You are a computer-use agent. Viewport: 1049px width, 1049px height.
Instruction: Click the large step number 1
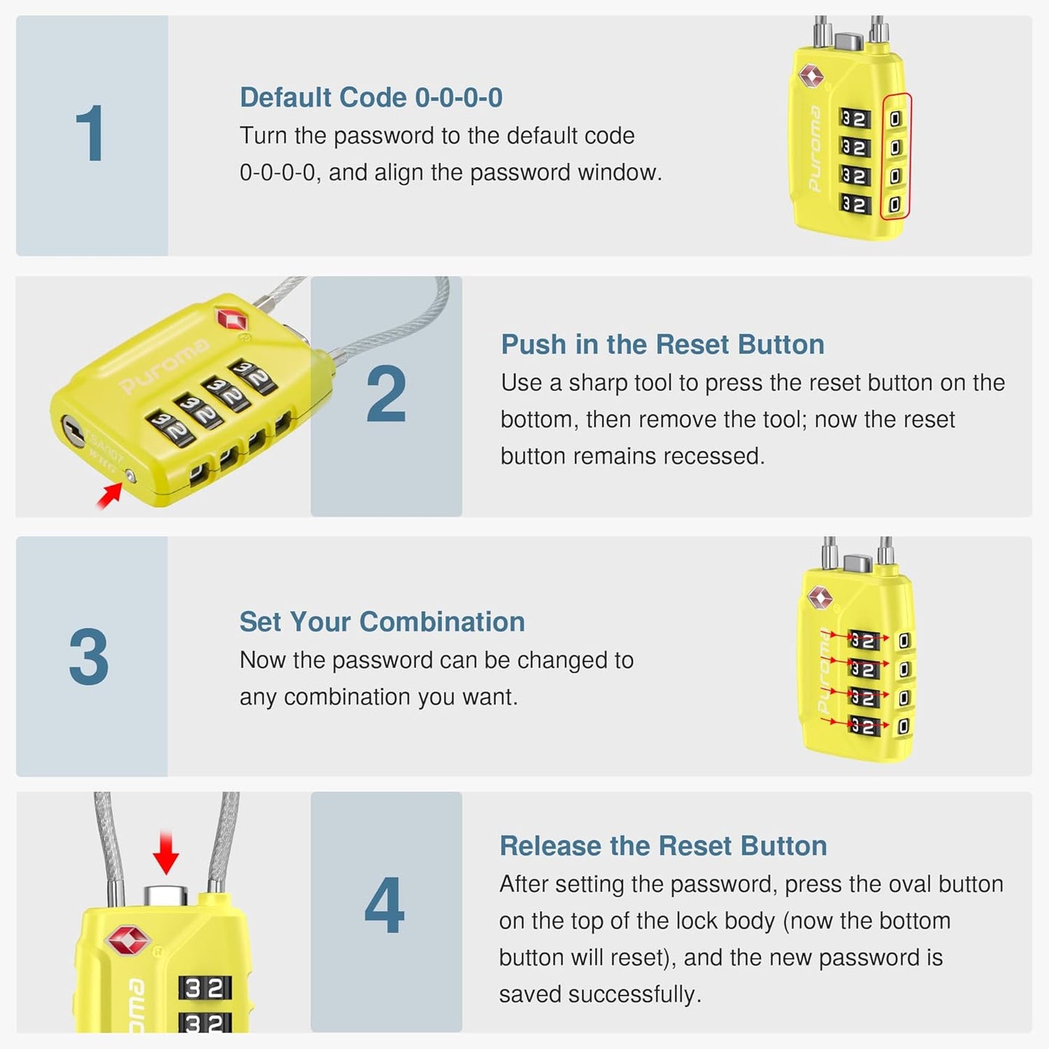90,134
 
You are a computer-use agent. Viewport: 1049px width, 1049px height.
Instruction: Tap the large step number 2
385,394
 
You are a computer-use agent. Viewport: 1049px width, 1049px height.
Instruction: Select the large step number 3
89,657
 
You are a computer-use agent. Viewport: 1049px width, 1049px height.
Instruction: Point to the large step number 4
384,905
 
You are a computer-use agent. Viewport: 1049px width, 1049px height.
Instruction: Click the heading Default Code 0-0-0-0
371,97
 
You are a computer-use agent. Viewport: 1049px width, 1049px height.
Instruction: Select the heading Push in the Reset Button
662,344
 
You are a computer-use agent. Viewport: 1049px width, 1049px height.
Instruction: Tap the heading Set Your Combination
382,621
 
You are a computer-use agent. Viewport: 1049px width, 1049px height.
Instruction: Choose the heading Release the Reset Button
663,846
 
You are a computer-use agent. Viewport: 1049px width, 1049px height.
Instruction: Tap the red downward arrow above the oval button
166,853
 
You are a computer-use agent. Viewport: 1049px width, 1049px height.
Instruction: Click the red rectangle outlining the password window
896,155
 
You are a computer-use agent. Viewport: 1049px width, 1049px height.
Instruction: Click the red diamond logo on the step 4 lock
128,941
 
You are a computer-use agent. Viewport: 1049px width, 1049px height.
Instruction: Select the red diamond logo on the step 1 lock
811,75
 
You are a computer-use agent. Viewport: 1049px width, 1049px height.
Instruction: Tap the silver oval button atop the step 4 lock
166,895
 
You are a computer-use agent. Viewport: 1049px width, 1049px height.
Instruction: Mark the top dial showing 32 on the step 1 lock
854,118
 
